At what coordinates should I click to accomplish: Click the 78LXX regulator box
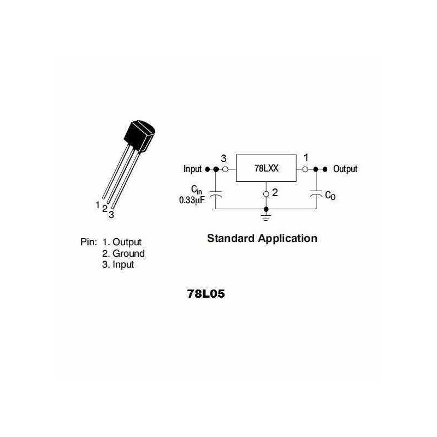(265, 168)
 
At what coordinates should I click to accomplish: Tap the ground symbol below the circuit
(266, 217)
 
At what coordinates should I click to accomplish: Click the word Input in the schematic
(192, 169)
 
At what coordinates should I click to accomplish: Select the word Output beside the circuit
(345, 169)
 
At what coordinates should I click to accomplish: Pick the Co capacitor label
(330, 196)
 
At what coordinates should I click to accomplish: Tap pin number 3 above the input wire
(223, 158)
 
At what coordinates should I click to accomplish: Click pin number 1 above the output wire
(306, 157)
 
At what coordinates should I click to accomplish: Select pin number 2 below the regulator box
(275, 193)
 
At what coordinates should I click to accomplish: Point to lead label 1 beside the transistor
(97, 205)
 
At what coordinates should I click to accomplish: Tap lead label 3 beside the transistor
(111, 215)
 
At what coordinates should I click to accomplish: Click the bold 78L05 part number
(206, 294)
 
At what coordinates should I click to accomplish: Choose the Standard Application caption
(262, 239)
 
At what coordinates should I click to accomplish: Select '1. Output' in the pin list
(121, 242)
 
